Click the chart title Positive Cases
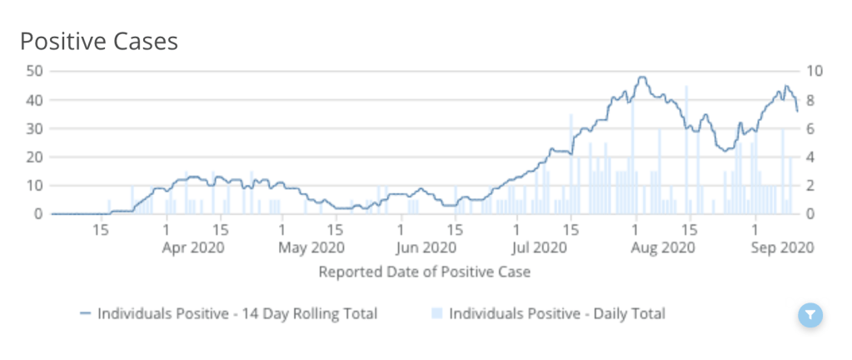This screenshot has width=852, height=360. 98,41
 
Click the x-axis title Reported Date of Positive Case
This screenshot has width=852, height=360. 425,272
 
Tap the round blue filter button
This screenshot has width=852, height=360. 810,315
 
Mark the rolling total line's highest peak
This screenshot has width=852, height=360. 640,77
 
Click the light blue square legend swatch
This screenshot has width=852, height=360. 436,314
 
